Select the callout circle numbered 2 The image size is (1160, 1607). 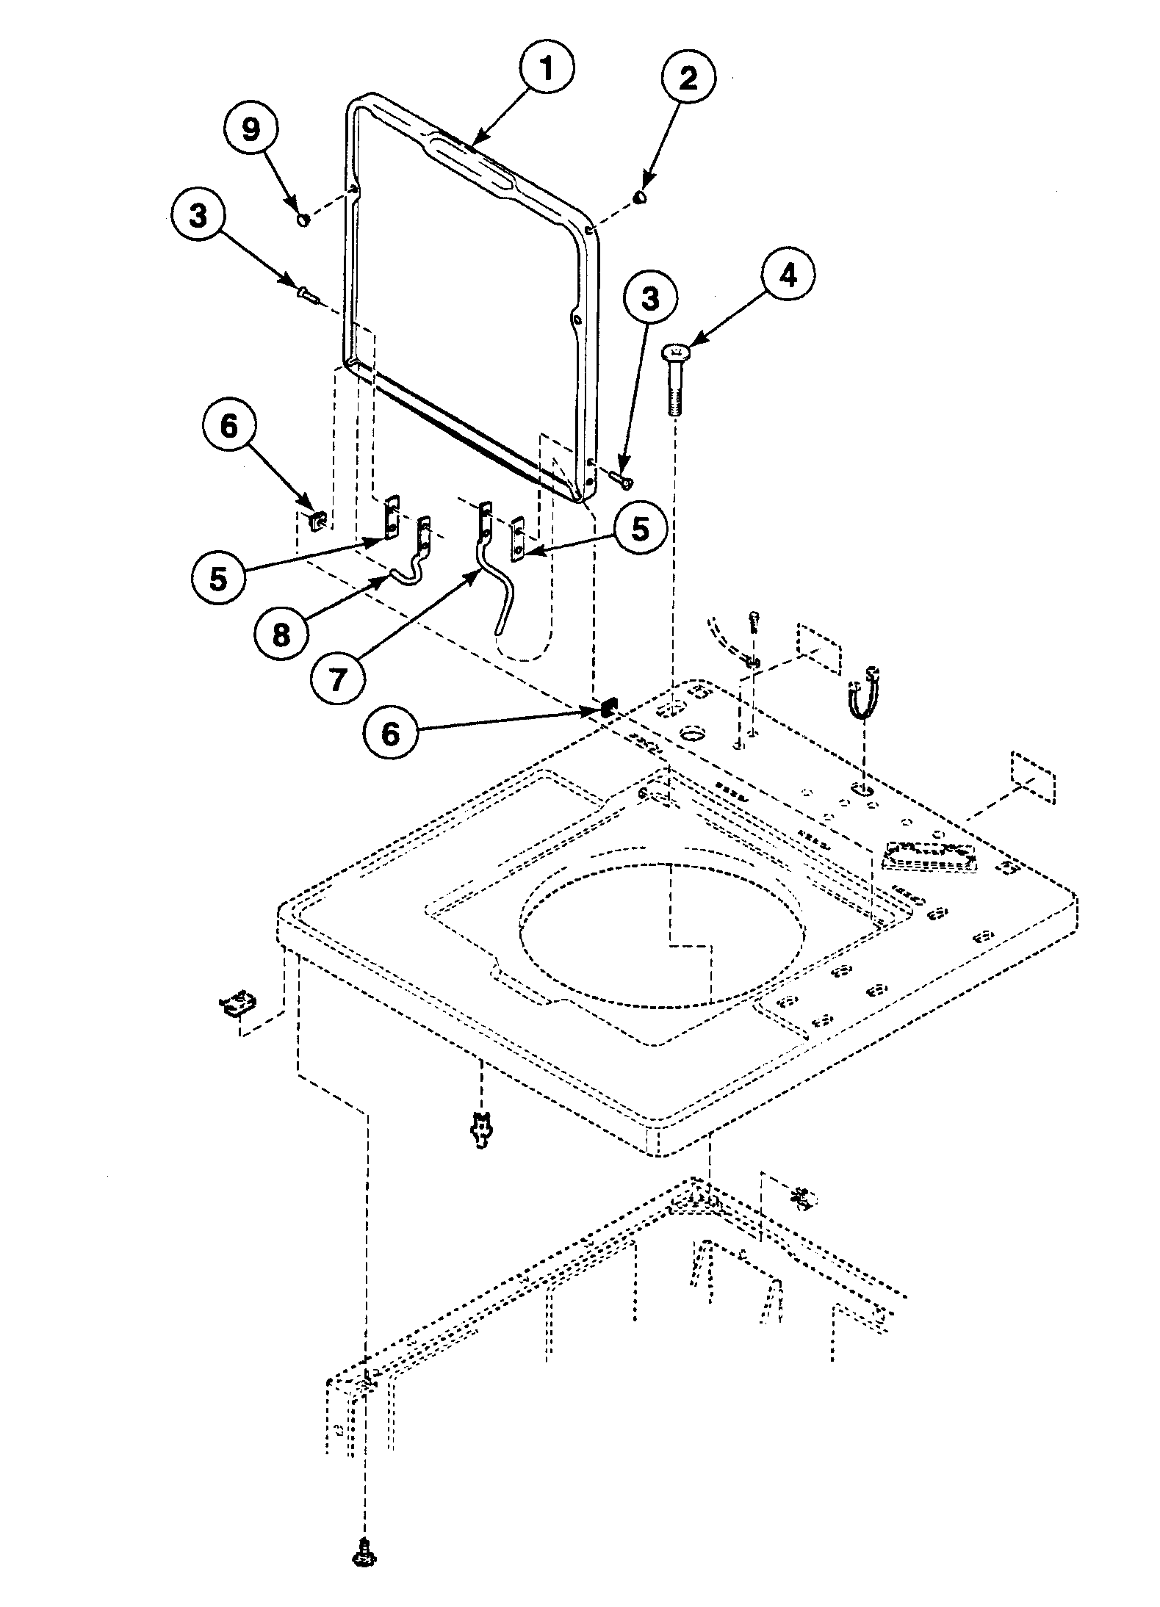[x=688, y=79]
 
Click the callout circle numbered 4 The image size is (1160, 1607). [x=787, y=276]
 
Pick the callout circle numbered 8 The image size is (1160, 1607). [x=281, y=635]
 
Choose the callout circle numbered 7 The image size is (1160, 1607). [x=336, y=679]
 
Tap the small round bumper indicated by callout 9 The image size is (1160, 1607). [x=302, y=220]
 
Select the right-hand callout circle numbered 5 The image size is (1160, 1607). [x=640, y=529]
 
